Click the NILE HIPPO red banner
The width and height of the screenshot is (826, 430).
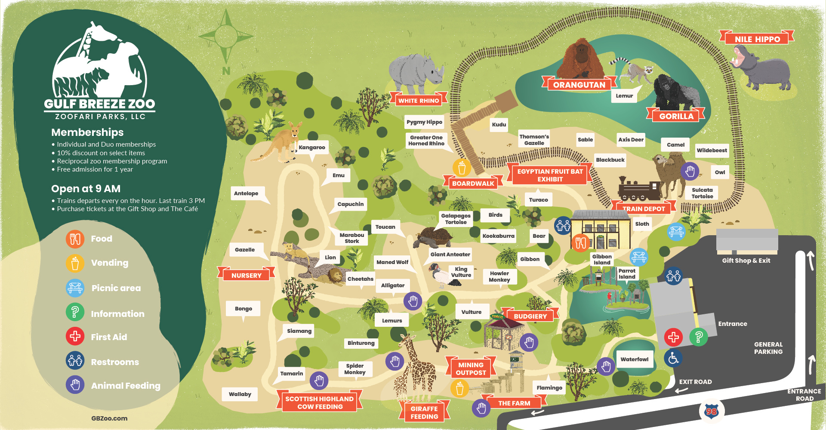coord(757,39)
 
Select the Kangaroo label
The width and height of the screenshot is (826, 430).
coord(312,147)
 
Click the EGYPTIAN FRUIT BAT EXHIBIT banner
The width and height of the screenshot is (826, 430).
coord(550,175)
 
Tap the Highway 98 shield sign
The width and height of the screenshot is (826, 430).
coord(712,412)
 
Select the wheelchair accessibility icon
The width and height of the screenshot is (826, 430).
coord(673,358)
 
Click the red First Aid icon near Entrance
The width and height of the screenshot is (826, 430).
coord(673,337)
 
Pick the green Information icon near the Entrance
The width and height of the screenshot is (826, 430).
coord(699,337)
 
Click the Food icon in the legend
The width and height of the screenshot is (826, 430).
coord(75,239)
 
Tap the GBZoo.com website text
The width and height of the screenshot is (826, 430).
coord(109,418)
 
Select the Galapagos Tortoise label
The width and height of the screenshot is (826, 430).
coord(456,219)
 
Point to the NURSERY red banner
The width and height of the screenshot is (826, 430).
coord(246,275)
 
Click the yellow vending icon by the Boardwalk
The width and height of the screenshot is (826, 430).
coord(462,168)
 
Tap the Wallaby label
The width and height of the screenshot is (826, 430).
coord(240,394)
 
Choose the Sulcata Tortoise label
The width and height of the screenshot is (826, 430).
coord(702,193)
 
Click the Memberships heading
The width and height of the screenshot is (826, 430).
coord(87,132)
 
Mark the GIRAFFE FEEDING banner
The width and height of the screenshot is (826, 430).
coord(424,412)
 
